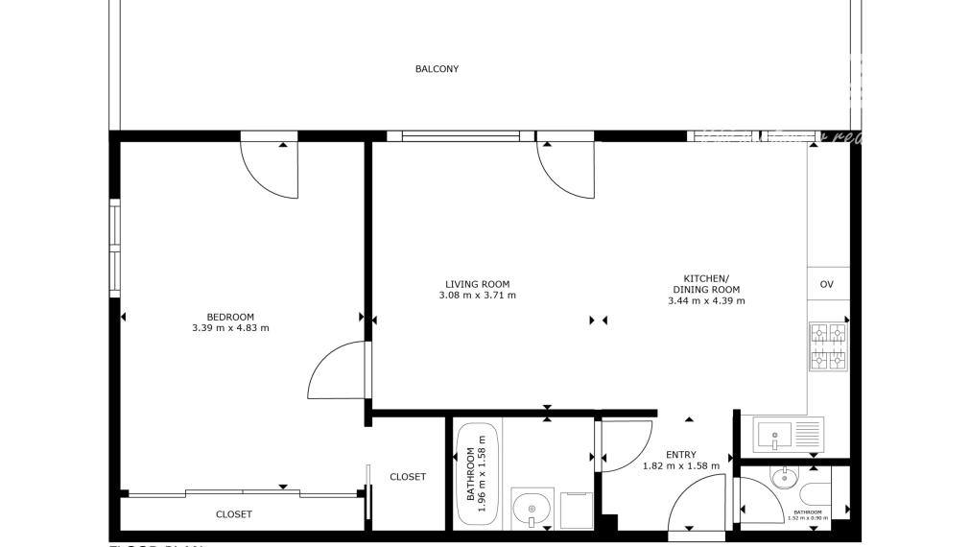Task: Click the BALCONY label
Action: (x=437, y=69)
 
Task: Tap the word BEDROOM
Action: (x=230, y=318)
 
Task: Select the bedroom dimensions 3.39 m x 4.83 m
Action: (x=230, y=328)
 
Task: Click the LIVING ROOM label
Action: (x=477, y=284)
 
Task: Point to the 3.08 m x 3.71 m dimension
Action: (x=477, y=296)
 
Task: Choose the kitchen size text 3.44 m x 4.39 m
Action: (x=706, y=300)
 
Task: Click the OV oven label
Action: (x=826, y=284)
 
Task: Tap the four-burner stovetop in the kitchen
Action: (x=827, y=346)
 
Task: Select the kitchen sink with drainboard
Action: (x=788, y=435)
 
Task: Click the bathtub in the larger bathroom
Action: (x=477, y=472)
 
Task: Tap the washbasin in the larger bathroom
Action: (x=530, y=507)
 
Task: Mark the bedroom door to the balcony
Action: (x=271, y=168)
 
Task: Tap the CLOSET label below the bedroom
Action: (x=233, y=514)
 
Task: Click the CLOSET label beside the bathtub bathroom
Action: (x=408, y=477)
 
